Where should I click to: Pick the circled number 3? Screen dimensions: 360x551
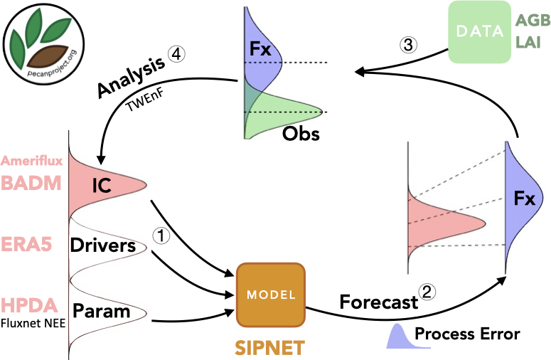pyautogui.click(x=408, y=44)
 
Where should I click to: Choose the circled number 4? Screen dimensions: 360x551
pyautogui.click(x=175, y=54)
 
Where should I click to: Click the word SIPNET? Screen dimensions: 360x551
pyautogui.click(x=271, y=348)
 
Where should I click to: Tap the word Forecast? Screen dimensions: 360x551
pyautogui.click(x=378, y=302)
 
